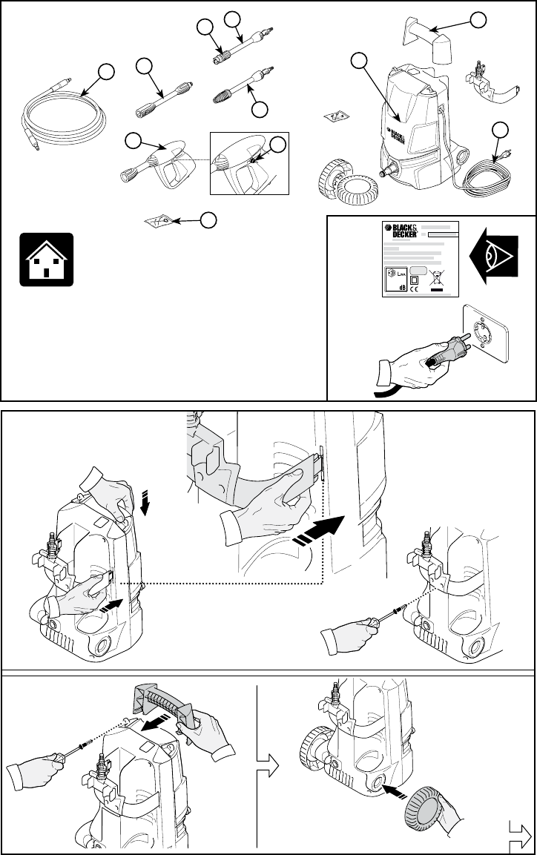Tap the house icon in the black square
click(x=46, y=259)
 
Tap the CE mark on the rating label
click(x=415, y=290)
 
